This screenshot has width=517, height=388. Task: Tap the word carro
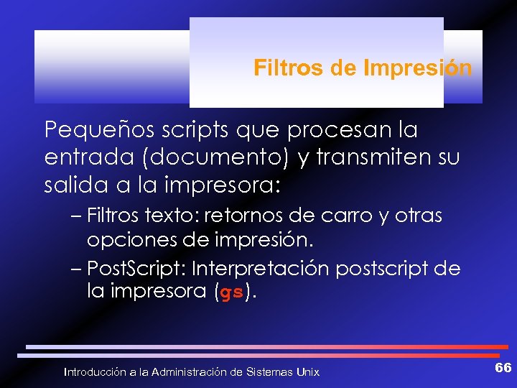(350, 216)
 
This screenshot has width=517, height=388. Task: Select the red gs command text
(231, 293)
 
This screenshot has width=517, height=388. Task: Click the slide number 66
(503, 368)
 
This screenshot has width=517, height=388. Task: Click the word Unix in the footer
(309, 371)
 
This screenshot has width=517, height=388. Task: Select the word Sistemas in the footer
(272, 371)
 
